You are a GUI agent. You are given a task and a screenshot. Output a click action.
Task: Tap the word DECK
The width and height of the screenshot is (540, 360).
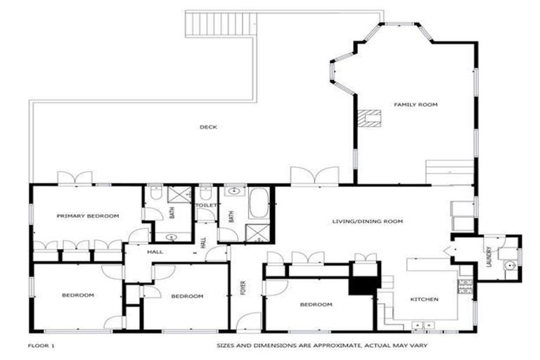208,127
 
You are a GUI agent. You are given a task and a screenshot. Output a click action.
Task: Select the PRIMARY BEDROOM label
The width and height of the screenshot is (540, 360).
88,216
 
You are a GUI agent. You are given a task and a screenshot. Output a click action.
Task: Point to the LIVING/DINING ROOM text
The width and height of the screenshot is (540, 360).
367,221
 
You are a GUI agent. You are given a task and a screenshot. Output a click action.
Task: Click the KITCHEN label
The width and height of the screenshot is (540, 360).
425,300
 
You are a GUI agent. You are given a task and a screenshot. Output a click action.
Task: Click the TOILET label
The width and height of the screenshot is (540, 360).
206,205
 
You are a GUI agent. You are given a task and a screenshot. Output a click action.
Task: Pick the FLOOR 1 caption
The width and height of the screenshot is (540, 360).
41,346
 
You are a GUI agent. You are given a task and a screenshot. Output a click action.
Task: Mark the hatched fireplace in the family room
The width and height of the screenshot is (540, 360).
367,118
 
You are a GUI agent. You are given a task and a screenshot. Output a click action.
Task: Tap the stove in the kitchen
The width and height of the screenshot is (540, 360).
465,285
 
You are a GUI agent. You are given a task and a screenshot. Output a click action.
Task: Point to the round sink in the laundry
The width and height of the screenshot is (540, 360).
510,265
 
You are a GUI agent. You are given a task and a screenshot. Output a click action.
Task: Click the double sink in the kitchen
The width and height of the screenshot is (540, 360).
423,325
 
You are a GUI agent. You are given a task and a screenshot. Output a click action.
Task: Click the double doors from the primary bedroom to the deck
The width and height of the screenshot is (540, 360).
75,178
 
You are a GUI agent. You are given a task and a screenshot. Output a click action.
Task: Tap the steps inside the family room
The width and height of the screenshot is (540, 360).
450,172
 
